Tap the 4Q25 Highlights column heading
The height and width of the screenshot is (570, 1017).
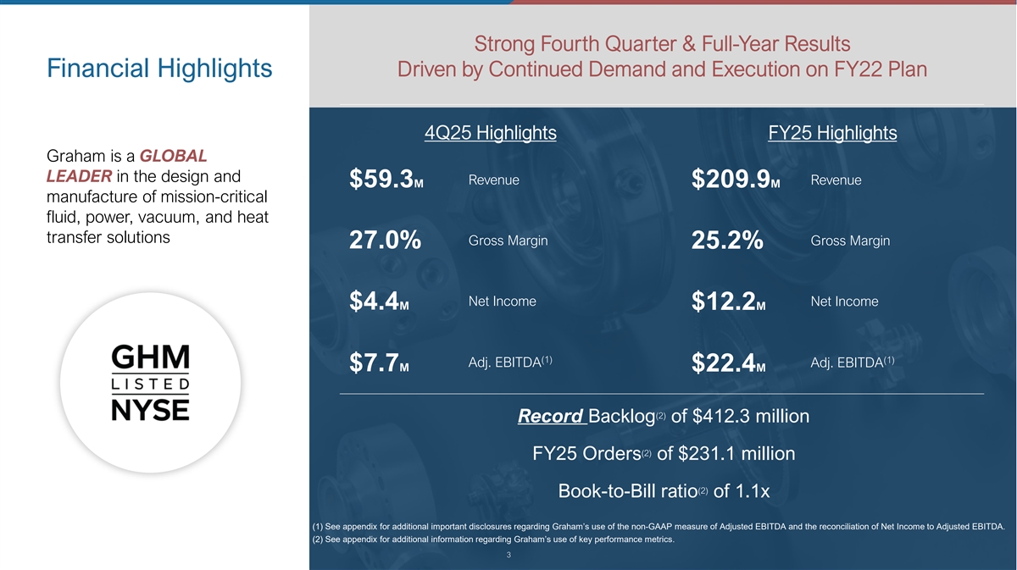point(490,133)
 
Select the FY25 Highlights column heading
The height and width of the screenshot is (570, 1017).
point(832,133)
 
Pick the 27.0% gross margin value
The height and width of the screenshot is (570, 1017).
point(385,242)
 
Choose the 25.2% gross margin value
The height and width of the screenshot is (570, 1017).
point(727,242)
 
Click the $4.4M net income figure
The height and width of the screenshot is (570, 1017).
point(379,302)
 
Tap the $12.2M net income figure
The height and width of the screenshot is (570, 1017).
point(729,302)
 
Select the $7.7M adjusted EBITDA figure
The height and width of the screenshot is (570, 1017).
point(380,364)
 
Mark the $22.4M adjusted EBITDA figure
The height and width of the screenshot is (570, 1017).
point(729,364)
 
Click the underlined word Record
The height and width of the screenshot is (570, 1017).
point(549,417)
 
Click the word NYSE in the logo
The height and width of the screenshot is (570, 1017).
point(151,409)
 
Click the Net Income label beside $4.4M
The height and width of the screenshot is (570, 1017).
point(502,302)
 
